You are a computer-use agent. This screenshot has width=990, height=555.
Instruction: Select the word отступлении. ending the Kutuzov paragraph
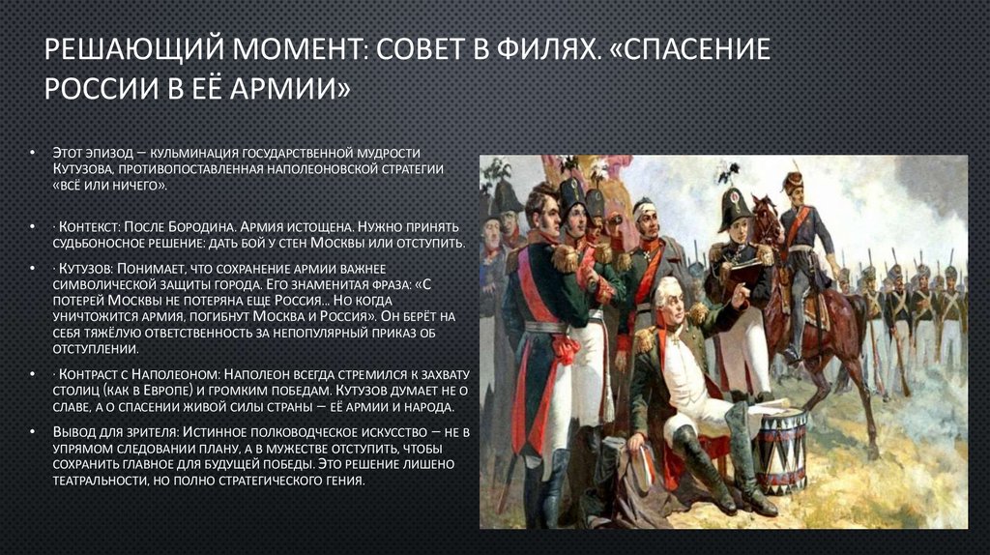pos(98,349)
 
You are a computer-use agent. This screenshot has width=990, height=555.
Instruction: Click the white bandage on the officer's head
pos(644,205)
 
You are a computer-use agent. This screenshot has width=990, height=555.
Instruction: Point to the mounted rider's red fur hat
pos(793,181)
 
